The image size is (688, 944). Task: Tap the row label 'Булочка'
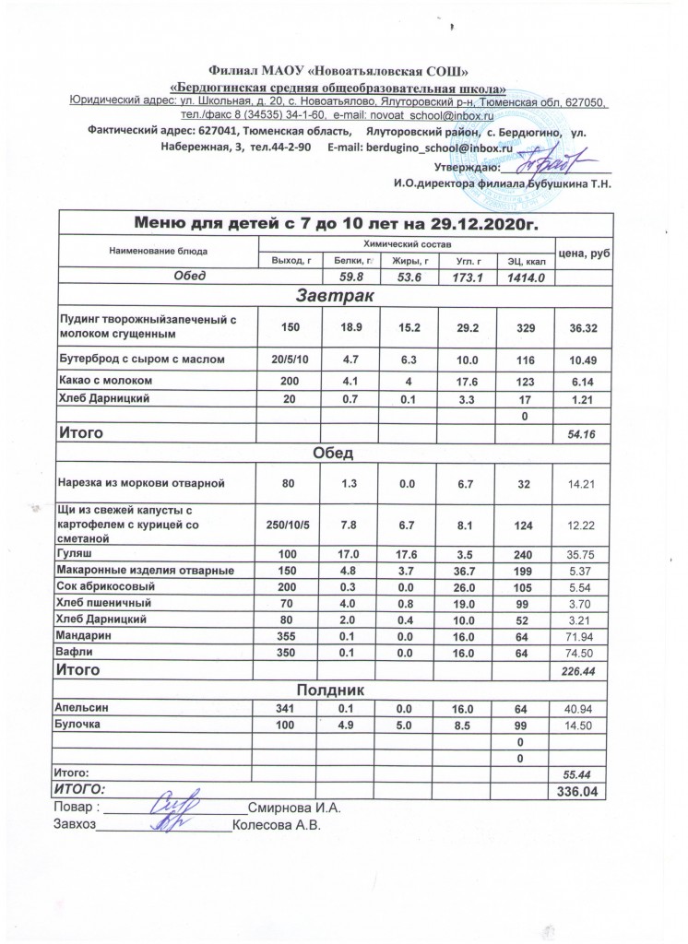click(x=80, y=726)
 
